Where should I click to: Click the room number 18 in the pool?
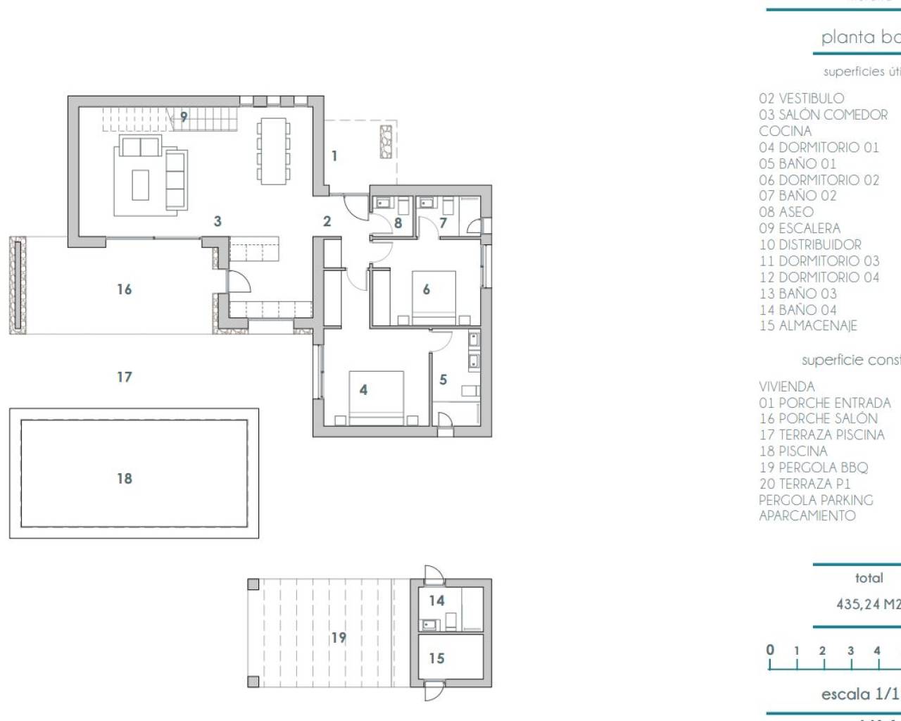click(x=125, y=479)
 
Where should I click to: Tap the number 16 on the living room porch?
click(x=125, y=289)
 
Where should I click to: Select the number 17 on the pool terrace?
click(x=125, y=377)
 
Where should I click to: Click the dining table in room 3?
click(x=274, y=151)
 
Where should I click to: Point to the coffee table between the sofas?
click(x=141, y=184)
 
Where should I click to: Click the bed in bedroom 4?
click(x=377, y=398)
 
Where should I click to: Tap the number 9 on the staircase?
click(x=184, y=117)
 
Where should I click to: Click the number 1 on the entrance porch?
click(x=334, y=156)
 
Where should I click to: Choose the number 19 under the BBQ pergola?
click(x=339, y=637)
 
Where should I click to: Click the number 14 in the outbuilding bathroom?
click(x=436, y=601)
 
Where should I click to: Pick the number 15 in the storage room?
click(x=436, y=658)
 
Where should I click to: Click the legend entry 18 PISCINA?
click(x=793, y=451)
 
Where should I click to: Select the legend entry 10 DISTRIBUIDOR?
click(x=810, y=245)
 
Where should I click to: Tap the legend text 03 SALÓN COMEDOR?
click(x=824, y=115)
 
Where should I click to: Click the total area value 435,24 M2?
click(x=868, y=604)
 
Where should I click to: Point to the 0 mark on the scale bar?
click(x=770, y=650)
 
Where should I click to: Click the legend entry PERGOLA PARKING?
click(x=816, y=500)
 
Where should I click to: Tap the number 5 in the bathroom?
click(x=443, y=380)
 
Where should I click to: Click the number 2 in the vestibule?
click(x=327, y=222)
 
